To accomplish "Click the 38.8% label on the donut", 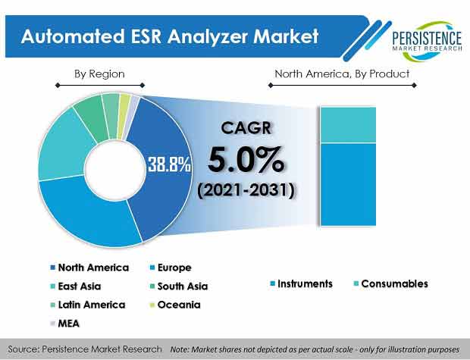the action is point(169,164).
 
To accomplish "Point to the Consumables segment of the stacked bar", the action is point(348,125).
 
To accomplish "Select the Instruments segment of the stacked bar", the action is point(348,185).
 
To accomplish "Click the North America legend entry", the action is point(89,268).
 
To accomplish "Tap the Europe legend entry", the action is point(171,268).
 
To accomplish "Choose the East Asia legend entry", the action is point(76,286).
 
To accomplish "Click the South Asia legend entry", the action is point(179,286).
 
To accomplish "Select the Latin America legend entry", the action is point(88,305).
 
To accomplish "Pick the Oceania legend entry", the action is point(175,305).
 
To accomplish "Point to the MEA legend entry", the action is point(64,324).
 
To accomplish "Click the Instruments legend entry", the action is point(301,283).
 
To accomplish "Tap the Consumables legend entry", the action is point(391,283).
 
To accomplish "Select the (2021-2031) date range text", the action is point(246,190).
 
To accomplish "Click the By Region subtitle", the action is point(99,74).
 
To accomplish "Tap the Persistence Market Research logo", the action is point(427,41).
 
